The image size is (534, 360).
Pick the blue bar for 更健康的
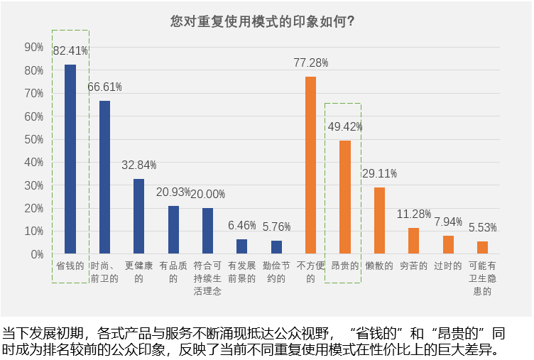139,216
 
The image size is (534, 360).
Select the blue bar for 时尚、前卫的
104,177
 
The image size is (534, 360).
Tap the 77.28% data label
310,62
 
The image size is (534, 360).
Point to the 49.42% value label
345,126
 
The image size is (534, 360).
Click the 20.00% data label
207,194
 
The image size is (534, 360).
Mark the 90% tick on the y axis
34,47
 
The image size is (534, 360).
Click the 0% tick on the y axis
37,254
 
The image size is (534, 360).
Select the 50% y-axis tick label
34,139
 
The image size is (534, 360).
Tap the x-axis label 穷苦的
413,266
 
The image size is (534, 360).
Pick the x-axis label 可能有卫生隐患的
482,278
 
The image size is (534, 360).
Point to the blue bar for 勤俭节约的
276,247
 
